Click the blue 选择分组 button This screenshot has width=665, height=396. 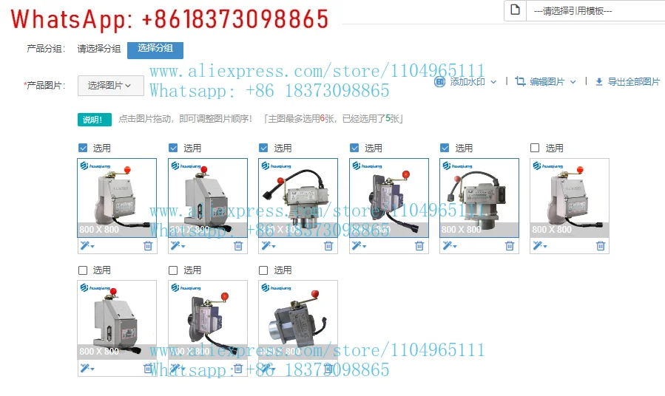point(155,48)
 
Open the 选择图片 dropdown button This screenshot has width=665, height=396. point(110,86)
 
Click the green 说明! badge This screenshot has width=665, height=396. point(94,119)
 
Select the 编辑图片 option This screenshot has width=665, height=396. point(547,82)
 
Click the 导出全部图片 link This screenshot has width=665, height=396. point(628,82)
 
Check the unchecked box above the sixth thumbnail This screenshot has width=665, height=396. point(535,148)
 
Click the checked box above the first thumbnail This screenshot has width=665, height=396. point(83,148)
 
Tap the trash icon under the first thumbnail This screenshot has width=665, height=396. point(147,246)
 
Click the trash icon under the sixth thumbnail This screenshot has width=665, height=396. point(600,246)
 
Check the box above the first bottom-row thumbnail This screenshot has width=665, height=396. point(83,270)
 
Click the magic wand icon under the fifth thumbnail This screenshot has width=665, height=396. point(448,246)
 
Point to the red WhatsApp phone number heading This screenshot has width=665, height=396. point(171,18)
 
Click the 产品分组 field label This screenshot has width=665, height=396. point(46,49)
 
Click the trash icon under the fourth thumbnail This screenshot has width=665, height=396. point(419,246)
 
